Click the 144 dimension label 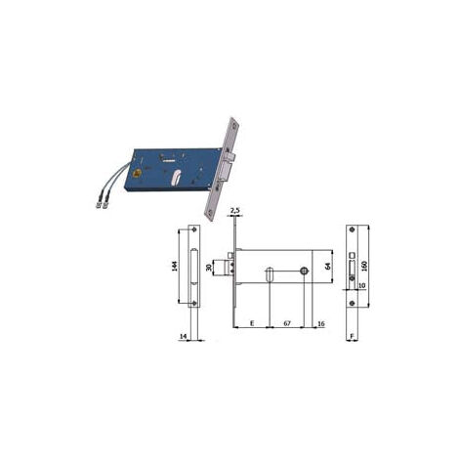tap(175, 267)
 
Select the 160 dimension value tap(364, 266)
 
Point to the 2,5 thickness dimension tap(234, 210)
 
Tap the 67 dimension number tap(287, 323)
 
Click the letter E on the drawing tap(252, 323)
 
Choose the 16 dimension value tap(321, 323)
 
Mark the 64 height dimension tap(328, 266)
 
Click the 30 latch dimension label tap(209, 268)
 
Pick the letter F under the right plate tap(352, 336)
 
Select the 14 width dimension tap(184, 336)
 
